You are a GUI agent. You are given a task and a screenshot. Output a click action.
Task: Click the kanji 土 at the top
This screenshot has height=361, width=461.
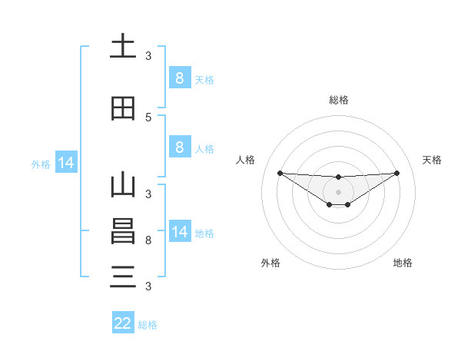[x=123, y=47]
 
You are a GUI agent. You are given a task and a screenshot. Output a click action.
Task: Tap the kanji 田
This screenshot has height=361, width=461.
[x=123, y=108]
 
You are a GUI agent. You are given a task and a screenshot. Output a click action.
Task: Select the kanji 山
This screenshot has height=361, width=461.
[x=123, y=186]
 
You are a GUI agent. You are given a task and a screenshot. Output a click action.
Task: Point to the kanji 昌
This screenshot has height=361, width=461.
[x=123, y=231]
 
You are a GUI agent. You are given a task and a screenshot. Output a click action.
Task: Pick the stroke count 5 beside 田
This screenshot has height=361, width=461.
[x=148, y=117]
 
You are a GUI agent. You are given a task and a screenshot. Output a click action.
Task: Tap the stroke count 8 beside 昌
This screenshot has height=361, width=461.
[x=148, y=240]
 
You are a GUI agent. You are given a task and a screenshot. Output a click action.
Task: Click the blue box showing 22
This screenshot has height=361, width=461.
[x=123, y=323]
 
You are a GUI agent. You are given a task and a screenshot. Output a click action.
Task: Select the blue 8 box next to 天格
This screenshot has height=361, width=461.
[x=179, y=78]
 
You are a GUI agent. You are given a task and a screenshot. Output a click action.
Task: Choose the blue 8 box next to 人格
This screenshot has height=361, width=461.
[x=179, y=147]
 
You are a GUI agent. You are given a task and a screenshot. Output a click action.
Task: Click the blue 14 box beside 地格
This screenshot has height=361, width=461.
[x=179, y=232]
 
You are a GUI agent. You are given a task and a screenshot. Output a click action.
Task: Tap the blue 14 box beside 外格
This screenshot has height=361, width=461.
[x=65, y=163]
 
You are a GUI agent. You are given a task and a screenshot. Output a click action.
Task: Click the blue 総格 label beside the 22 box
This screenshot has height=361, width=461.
[x=148, y=324]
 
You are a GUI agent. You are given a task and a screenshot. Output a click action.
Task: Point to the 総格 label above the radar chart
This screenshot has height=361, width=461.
[x=339, y=101]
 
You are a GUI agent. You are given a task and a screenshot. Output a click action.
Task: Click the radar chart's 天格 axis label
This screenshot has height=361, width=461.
[x=432, y=160]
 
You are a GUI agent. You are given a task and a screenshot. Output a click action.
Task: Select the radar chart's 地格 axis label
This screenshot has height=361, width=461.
[x=402, y=263]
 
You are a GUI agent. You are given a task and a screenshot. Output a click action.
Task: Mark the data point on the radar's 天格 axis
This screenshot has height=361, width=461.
[x=397, y=173]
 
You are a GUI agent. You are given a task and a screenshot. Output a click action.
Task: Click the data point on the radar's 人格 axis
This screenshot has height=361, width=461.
[x=280, y=173]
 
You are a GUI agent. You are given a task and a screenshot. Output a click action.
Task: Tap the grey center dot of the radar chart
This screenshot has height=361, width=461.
[x=339, y=192]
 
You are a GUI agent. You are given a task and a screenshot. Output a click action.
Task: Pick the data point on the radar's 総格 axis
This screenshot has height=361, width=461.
[x=339, y=177]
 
